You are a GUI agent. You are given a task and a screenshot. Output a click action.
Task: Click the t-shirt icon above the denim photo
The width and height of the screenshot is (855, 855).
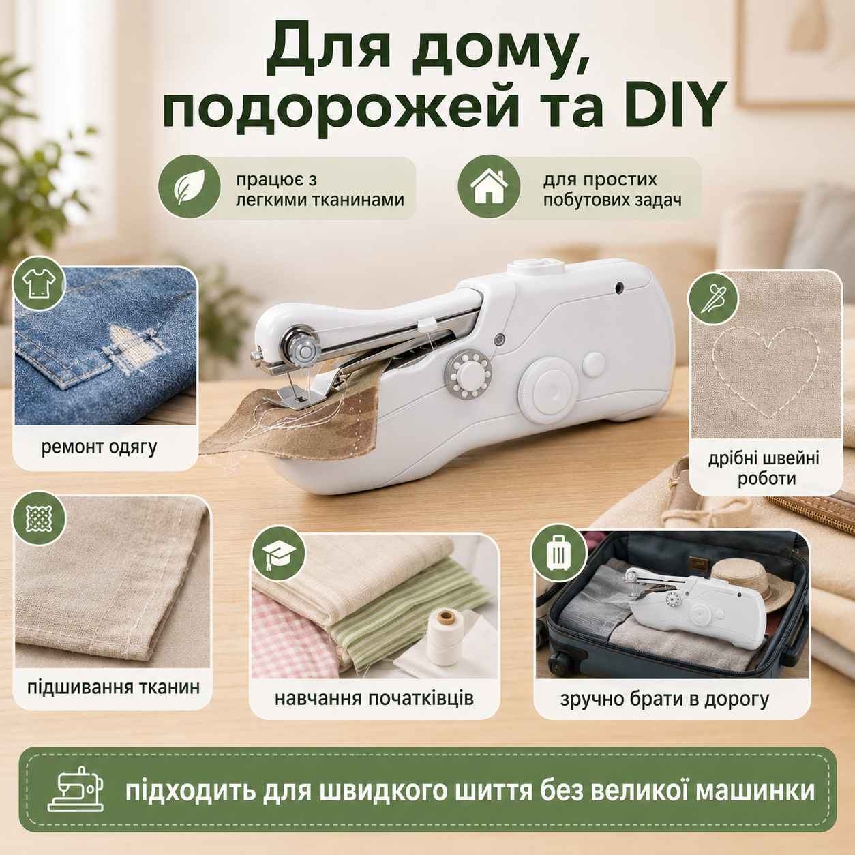click(39, 283)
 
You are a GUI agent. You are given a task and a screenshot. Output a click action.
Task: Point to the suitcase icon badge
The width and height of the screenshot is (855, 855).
click(558, 552)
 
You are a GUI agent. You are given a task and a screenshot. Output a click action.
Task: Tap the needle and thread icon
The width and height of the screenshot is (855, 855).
click(713, 297)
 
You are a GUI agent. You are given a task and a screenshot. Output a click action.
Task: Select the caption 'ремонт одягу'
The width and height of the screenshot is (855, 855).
click(99, 448)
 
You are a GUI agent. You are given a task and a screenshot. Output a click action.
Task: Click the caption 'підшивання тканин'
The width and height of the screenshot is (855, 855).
click(114, 687)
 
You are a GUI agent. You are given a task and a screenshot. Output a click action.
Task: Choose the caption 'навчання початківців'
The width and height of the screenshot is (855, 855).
click(374, 698)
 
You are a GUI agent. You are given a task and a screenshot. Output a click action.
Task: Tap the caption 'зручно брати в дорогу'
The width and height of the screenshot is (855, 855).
click(665, 699)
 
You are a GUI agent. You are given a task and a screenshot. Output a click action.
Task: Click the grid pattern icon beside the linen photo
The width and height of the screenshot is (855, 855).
click(39, 517)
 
